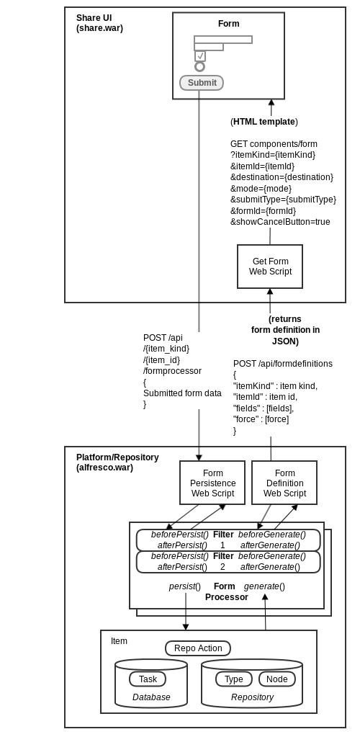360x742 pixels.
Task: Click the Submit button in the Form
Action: click(x=202, y=83)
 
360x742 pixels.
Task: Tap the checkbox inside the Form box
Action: click(x=200, y=56)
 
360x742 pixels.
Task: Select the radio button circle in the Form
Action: click(x=199, y=67)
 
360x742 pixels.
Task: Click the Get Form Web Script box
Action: click(x=270, y=267)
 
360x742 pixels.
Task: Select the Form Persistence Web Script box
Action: click(x=212, y=483)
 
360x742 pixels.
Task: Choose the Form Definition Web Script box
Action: click(x=284, y=483)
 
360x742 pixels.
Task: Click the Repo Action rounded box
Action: click(x=198, y=648)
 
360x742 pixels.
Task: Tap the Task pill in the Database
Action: click(x=148, y=679)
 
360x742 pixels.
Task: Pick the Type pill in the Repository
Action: click(x=234, y=679)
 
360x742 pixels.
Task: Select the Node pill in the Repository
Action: click(x=277, y=679)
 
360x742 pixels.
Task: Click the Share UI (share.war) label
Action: click(x=99, y=23)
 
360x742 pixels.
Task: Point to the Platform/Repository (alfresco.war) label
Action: click(x=117, y=462)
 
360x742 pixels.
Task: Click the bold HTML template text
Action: click(x=264, y=122)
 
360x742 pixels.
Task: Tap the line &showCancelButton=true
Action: click(x=280, y=222)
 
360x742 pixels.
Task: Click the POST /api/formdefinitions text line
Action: click(x=283, y=364)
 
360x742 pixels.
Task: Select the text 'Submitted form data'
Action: click(x=182, y=393)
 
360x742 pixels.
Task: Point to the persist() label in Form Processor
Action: click(x=185, y=586)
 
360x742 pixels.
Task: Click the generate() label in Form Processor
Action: click(x=264, y=586)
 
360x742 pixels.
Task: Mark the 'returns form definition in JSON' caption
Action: click(x=285, y=330)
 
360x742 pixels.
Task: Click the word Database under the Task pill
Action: click(x=151, y=697)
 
